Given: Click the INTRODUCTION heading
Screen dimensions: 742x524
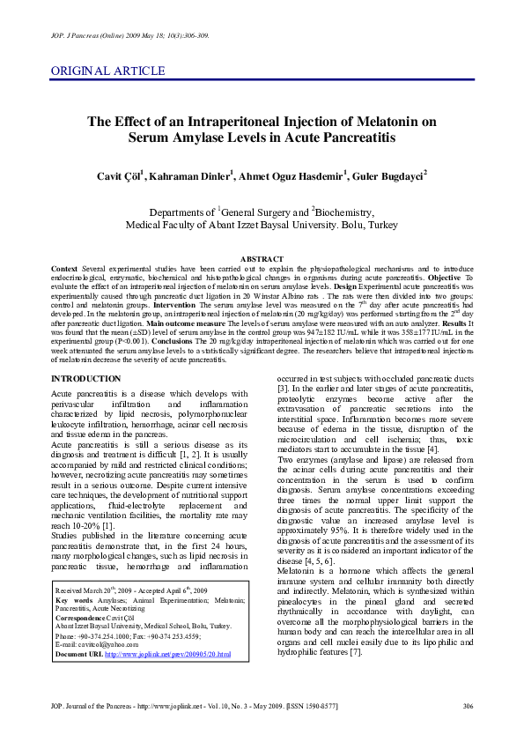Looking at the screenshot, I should point(86,378).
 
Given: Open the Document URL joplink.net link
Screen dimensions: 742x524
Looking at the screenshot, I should point(167,655).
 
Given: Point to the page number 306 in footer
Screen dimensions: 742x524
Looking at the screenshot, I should point(468,707).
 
